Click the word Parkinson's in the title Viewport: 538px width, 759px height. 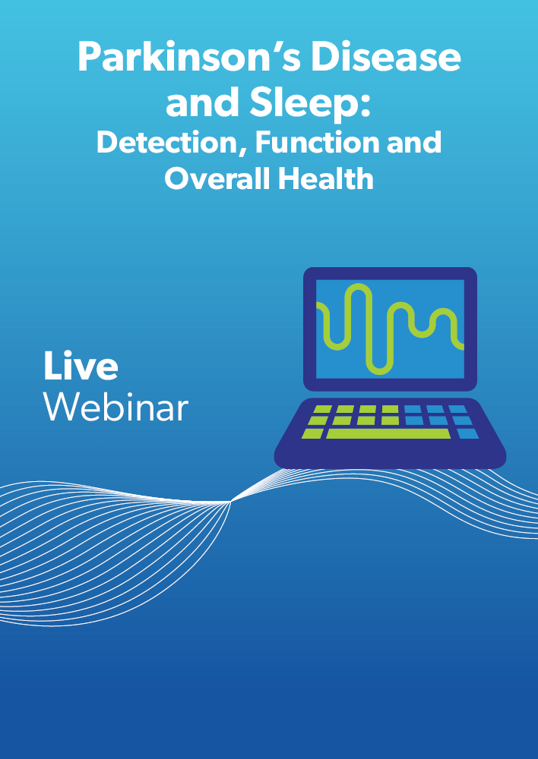pos(188,57)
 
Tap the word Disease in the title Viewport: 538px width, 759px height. pos(386,57)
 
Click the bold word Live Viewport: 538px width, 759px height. pos(81,366)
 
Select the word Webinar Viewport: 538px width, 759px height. pos(116,407)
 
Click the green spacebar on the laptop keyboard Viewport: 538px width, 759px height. pos(388,433)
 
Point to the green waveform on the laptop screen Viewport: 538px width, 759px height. pos(390,329)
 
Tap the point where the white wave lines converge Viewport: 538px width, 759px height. pos(231,502)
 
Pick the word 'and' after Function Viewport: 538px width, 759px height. pos(414,142)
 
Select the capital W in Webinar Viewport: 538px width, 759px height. pos(60,407)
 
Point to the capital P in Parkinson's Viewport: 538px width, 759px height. pos(89,57)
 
